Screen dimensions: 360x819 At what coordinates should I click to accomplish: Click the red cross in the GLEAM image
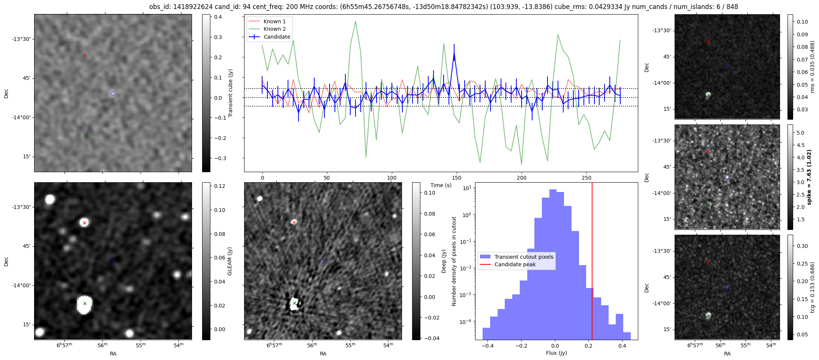click(x=84, y=223)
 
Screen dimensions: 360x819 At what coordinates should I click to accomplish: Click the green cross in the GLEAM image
click(x=85, y=303)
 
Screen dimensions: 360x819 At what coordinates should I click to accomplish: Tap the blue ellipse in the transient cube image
click(x=113, y=93)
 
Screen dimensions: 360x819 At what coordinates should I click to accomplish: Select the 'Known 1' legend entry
click(x=274, y=21)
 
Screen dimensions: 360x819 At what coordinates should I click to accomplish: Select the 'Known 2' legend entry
click(x=274, y=29)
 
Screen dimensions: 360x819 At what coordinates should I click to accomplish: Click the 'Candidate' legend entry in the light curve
click(x=277, y=37)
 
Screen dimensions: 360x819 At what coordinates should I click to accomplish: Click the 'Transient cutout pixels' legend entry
click(x=523, y=257)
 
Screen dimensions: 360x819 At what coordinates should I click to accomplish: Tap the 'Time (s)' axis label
click(x=441, y=185)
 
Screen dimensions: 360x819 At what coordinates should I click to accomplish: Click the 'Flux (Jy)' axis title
click(x=556, y=353)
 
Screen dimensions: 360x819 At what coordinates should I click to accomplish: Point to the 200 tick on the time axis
click(x=521, y=178)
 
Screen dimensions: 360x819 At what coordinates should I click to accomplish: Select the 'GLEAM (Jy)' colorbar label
click(x=230, y=261)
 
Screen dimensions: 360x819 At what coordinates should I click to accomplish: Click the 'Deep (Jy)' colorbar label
click(x=444, y=261)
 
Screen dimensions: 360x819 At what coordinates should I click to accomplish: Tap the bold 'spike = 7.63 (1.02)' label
click(x=809, y=177)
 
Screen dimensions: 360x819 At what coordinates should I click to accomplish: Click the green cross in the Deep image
click(x=294, y=303)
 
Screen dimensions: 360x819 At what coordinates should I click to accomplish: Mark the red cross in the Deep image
click(x=294, y=222)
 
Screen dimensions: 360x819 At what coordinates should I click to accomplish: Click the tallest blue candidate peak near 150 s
click(x=454, y=54)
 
